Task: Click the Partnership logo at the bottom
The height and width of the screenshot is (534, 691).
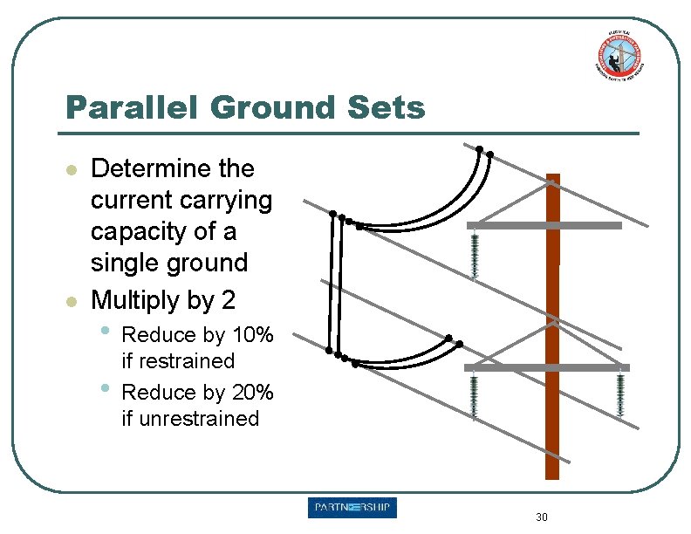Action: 352,508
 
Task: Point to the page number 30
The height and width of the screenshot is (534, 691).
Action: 541,517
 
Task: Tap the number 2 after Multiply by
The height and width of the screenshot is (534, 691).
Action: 228,301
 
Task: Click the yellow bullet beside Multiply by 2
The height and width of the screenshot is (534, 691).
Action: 73,302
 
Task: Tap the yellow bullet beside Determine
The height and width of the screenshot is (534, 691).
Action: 73,168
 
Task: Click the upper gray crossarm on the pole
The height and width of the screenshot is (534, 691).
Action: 544,225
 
